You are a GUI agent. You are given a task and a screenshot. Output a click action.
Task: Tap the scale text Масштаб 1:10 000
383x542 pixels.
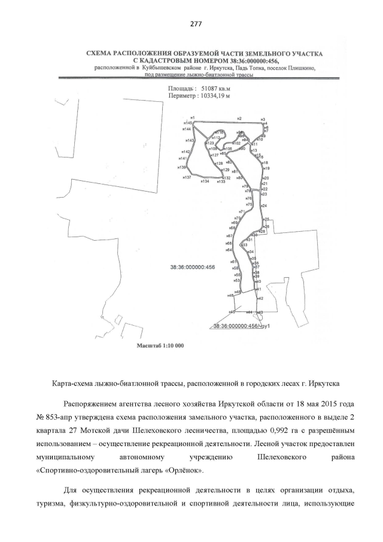coord(162,346)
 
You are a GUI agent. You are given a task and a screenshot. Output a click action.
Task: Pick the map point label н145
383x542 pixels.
coord(189,122)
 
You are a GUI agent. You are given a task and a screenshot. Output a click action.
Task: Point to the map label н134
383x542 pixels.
coord(205,181)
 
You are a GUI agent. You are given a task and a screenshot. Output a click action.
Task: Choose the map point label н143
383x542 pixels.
coord(190,140)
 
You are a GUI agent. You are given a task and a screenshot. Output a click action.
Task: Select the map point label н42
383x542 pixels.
coord(260,298)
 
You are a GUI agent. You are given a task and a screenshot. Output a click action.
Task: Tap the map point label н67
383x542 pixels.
coord(229,236)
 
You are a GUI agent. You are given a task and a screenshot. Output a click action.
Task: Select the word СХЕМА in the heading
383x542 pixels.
coord(101,53)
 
